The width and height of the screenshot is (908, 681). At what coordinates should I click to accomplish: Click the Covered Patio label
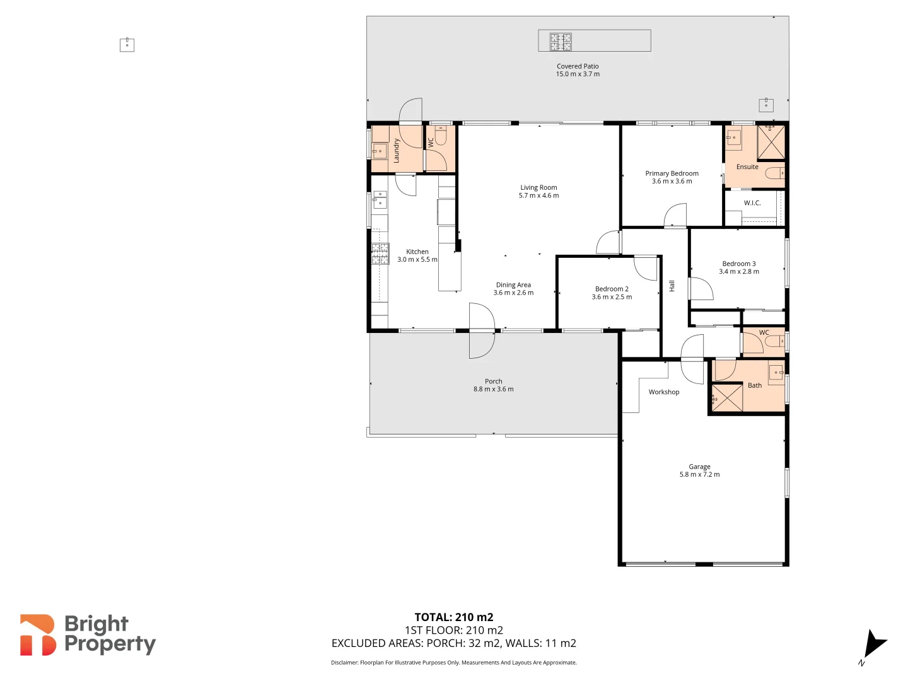(x=578, y=66)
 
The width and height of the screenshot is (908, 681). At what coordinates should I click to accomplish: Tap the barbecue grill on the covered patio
(x=561, y=42)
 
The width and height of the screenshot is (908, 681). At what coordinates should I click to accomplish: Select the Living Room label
(x=538, y=187)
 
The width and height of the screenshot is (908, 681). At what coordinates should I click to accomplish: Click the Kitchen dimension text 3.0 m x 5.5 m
(x=417, y=260)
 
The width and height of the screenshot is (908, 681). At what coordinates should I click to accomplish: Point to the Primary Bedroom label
(x=672, y=173)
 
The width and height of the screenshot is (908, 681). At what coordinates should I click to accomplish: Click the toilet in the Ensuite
(x=775, y=173)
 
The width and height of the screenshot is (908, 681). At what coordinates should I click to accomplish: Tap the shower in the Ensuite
(x=771, y=142)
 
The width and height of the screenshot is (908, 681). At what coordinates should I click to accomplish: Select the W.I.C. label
(x=752, y=203)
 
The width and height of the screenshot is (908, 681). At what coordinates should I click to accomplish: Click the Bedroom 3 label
(x=738, y=264)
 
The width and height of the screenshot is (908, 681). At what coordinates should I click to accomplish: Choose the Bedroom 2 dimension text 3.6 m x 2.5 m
(x=612, y=297)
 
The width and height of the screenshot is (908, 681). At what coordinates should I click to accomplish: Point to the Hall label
(x=672, y=286)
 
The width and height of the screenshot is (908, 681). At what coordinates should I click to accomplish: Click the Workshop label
(x=664, y=392)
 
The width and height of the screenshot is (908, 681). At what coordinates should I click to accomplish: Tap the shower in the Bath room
(x=726, y=398)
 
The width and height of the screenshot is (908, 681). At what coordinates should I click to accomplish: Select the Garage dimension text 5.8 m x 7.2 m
(x=699, y=475)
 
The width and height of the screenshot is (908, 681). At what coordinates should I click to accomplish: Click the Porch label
(x=493, y=381)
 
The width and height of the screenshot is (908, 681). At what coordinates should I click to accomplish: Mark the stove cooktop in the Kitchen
(x=380, y=253)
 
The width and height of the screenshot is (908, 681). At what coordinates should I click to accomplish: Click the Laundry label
(x=397, y=151)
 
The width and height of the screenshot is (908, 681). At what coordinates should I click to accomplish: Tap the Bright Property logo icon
(x=37, y=635)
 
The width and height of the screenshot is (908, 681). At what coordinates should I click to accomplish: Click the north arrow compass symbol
(x=874, y=644)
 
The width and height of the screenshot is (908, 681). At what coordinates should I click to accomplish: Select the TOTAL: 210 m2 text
(x=453, y=617)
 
